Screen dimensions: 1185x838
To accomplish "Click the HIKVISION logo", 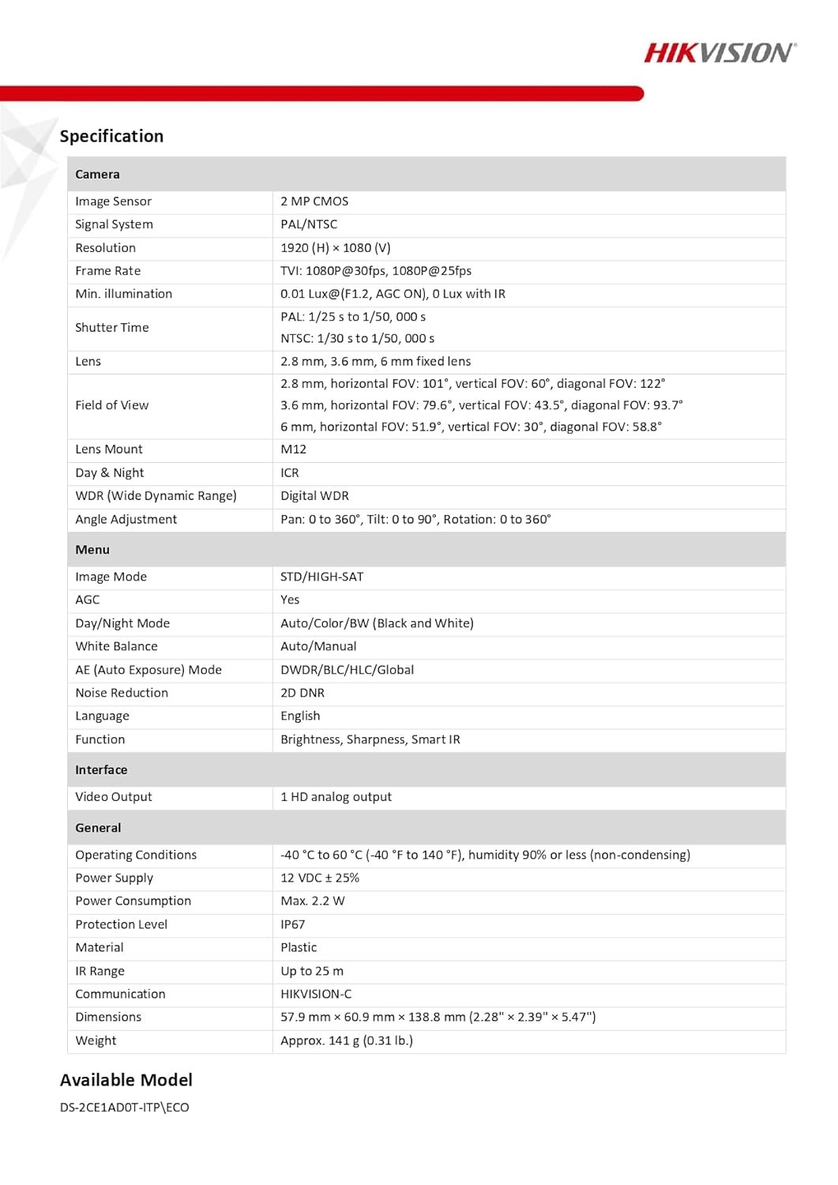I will pyautogui.click(x=720, y=53).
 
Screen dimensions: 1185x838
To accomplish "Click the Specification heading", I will pyautogui.click(x=111, y=136).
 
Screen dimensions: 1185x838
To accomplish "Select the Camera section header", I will pyautogui.click(x=97, y=175).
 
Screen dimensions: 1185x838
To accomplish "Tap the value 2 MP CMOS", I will pyautogui.click(x=314, y=201).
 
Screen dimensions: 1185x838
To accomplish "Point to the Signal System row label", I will pyautogui.click(x=114, y=224).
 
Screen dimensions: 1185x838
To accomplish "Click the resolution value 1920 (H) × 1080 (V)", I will pyautogui.click(x=335, y=248).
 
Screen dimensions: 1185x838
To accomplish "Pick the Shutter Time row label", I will pyautogui.click(x=111, y=328).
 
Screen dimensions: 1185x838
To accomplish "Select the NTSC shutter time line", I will pyautogui.click(x=357, y=339).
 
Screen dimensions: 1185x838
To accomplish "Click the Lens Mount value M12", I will pyautogui.click(x=293, y=450).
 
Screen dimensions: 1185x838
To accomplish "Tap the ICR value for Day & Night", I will pyautogui.click(x=289, y=473).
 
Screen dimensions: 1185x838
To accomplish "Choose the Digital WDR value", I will pyautogui.click(x=314, y=496).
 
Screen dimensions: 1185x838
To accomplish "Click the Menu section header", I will pyautogui.click(x=92, y=550).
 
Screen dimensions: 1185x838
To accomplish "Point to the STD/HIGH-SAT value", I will pyautogui.click(x=321, y=577).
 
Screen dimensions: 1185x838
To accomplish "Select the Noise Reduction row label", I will pyautogui.click(x=122, y=693).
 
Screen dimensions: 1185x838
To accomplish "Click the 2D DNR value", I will pyautogui.click(x=303, y=693).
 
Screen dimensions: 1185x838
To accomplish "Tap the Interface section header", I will pyautogui.click(x=101, y=770).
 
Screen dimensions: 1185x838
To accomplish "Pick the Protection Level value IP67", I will pyautogui.click(x=292, y=924).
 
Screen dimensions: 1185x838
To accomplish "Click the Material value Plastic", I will pyautogui.click(x=299, y=948).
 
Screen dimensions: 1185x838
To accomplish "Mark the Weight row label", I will pyautogui.click(x=96, y=1041).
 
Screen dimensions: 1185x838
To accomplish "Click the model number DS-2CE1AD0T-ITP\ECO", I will pyautogui.click(x=124, y=1108).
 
